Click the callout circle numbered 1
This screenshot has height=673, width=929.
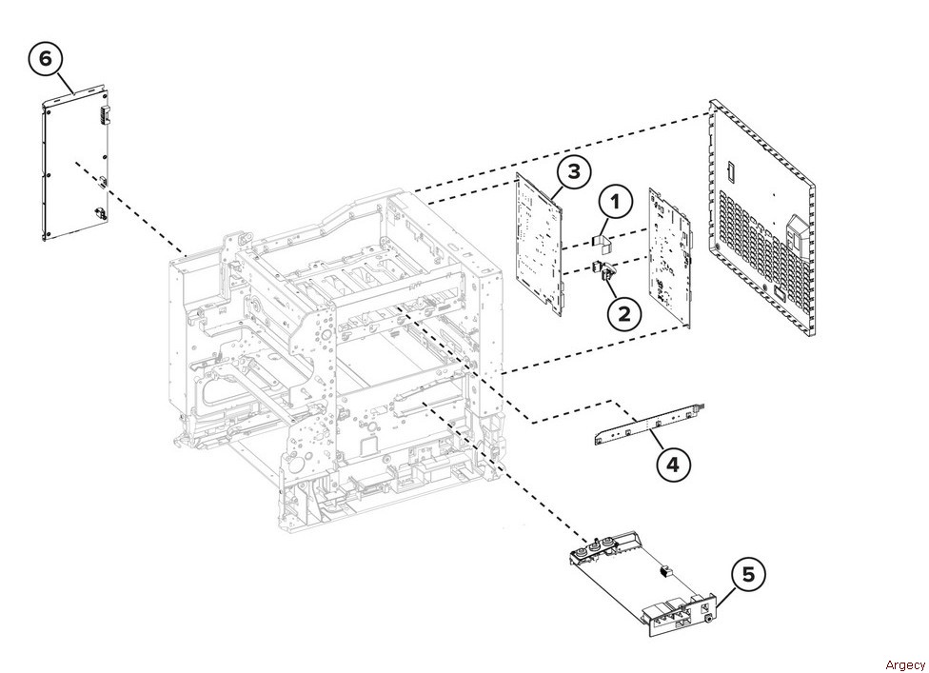point(616,202)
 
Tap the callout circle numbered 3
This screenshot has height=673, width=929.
point(574,171)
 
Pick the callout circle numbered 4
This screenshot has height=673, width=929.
point(674,464)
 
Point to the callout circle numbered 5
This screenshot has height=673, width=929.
point(748,574)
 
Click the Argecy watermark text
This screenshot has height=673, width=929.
point(904,664)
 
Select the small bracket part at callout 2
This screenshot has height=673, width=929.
point(603,271)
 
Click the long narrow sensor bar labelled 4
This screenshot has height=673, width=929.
point(648,423)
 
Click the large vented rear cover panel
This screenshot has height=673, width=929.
point(761,219)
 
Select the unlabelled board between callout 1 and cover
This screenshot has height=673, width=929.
point(671,257)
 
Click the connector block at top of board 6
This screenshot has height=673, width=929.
point(105,112)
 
